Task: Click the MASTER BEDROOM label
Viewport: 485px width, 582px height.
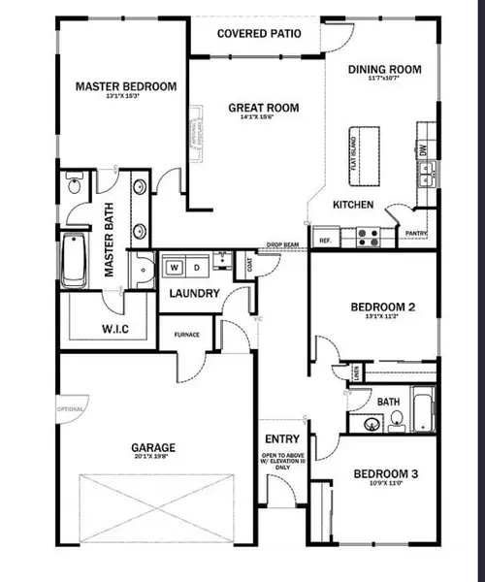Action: tap(126, 87)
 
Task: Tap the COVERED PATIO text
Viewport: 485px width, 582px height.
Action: tap(258, 34)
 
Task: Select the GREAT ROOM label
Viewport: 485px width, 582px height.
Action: tap(263, 108)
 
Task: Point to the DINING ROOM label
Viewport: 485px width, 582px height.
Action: tap(384, 69)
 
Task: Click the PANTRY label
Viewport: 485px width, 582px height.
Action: tap(416, 234)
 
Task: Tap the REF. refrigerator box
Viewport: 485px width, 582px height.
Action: tap(323, 239)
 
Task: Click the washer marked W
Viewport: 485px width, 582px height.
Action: tap(176, 265)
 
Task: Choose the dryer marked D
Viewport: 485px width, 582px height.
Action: tap(196, 265)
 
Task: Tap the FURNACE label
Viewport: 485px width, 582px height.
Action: tap(187, 335)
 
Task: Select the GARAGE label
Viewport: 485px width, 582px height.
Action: tap(153, 448)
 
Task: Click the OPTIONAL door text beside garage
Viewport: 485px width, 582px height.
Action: tap(70, 409)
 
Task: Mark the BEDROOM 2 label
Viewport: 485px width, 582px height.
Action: tap(382, 307)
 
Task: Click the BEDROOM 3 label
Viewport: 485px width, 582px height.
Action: tap(385, 473)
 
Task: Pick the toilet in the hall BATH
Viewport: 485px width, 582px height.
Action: tap(396, 421)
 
